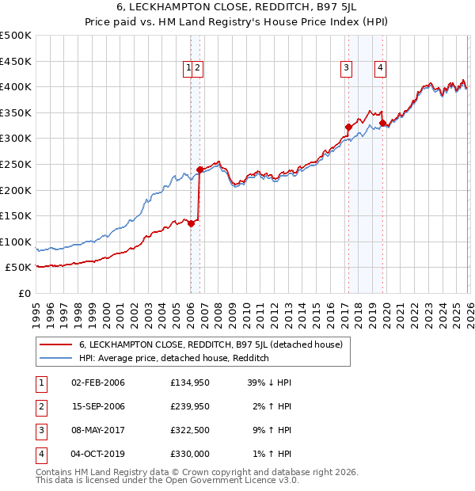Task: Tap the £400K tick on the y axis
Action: pyautogui.click(x=16, y=86)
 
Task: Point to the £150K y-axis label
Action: pyautogui.click(x=16, y=215)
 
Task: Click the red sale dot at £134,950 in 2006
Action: pyautogui.click(x=191, y=223)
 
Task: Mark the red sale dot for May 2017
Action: pyautogui.click(x=348, y=127)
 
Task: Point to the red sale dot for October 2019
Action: pyautogui.click(x=382, y=123)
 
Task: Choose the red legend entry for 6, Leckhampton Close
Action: pyautogui.click(x=210, y=344)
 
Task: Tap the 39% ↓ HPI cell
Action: pyautogui.click(x=268, y=383)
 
